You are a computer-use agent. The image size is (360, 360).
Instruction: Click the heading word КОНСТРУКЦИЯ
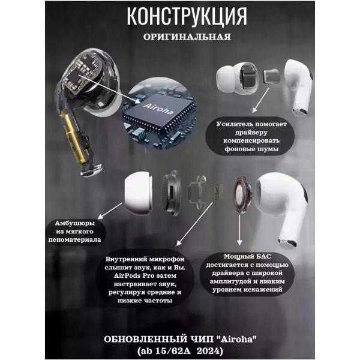point(187,16)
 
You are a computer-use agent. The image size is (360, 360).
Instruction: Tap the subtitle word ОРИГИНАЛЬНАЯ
point(187,37)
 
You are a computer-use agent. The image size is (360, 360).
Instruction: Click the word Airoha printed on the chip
point(158,109)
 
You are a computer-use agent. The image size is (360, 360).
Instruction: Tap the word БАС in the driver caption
point(263,256)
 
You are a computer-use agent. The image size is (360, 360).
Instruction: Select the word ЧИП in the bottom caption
point(202,339)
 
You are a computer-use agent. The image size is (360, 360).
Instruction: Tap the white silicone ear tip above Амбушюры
point(138,194)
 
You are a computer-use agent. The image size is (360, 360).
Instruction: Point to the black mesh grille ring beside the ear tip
point(171,193)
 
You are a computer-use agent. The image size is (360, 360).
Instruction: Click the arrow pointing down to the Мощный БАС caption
point(239,230)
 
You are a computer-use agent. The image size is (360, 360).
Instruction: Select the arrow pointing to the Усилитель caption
point(261,100)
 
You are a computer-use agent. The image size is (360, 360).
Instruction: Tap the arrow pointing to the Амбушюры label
point(110,211)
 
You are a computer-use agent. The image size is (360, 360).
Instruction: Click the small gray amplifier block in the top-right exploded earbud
point(271,76)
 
